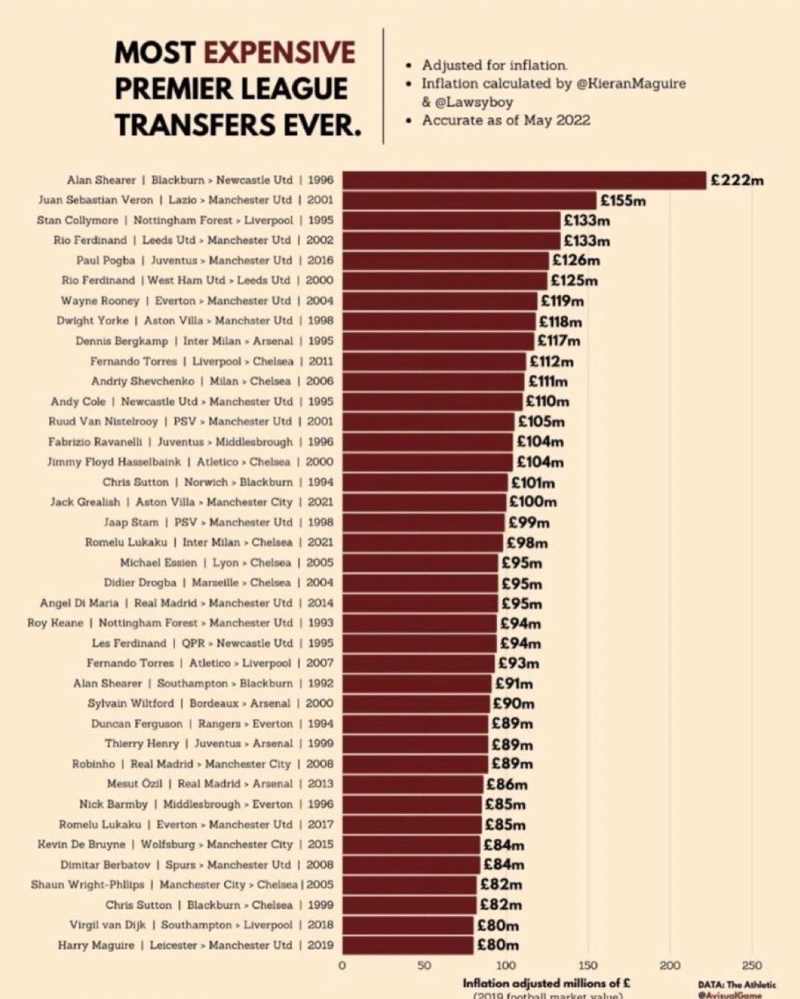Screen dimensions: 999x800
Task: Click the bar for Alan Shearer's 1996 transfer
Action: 524,180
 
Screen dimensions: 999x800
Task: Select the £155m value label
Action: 623,200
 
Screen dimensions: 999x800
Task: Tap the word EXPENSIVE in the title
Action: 279,53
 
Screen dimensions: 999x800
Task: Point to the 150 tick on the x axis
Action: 588,965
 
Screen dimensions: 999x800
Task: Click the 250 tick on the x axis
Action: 751,965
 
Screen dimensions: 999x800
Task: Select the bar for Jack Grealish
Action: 424,502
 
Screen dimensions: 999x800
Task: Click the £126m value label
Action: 576,260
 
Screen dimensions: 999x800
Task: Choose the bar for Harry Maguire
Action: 408,945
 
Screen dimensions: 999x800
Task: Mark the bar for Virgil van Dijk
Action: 408,925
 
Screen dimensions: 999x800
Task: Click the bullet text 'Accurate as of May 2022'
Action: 506,120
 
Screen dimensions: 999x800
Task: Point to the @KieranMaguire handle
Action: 631,84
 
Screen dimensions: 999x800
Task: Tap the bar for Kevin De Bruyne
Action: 411,845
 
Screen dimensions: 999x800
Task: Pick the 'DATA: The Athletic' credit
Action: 737,984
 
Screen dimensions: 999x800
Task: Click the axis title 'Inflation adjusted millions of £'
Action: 546,983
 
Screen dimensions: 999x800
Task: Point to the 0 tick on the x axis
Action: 342,965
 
